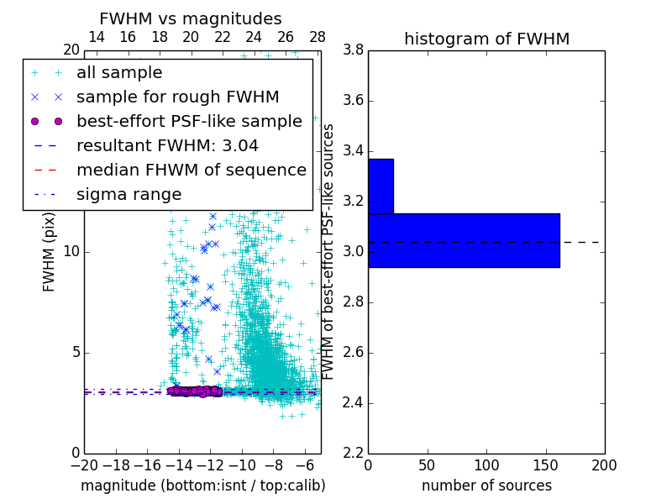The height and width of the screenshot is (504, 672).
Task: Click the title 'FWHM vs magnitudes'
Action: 191,18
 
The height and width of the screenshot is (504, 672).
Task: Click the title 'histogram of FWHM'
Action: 486,39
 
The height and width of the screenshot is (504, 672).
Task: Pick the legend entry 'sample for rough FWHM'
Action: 177,97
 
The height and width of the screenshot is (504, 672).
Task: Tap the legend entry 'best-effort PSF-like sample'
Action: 189,122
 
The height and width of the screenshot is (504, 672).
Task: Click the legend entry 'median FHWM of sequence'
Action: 191,171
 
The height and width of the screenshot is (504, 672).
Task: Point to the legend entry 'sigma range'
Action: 129,195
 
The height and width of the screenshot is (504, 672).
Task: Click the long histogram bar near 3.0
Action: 464,240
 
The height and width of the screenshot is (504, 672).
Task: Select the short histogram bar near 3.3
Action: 381,186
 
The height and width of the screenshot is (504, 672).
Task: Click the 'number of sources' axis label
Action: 486,486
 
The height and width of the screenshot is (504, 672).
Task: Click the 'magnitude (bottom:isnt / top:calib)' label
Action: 202,486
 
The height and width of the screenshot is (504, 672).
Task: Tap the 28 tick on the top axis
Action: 318,37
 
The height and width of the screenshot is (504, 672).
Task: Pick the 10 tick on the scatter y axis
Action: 71,252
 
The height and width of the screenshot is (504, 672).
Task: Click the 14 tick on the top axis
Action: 97,37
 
